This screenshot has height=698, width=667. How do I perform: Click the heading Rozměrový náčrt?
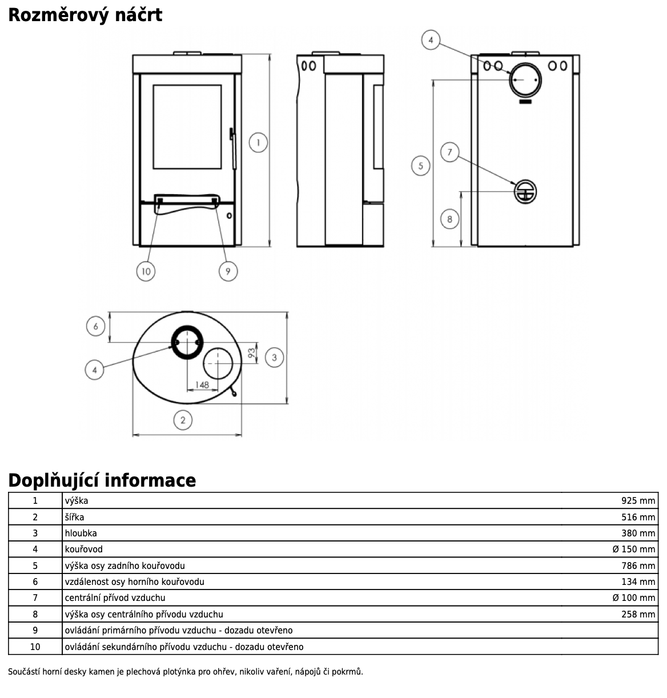85,15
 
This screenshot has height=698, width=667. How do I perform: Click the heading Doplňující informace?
102,480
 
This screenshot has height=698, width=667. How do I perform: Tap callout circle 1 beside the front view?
259,142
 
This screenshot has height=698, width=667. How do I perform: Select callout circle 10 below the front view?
146,271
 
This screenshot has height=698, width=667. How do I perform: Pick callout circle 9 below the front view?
228,271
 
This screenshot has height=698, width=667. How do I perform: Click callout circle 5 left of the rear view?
421,166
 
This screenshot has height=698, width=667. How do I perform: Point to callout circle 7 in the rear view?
450,152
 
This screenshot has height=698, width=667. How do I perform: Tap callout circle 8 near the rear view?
450,219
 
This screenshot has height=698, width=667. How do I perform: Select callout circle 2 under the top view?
183,421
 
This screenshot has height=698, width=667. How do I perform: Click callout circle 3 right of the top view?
274,358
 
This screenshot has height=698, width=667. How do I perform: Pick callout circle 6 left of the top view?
95,327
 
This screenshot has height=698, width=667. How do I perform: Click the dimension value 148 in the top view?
202,385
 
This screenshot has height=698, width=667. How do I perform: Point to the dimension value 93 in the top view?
252,353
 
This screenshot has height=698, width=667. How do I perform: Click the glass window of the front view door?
187,127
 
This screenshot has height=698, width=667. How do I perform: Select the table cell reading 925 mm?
638,501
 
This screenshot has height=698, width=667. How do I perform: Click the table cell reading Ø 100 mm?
633,598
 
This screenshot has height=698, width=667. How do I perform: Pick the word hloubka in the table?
81,533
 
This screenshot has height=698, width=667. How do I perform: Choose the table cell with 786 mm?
638,566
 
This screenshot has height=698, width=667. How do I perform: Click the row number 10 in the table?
35,647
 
